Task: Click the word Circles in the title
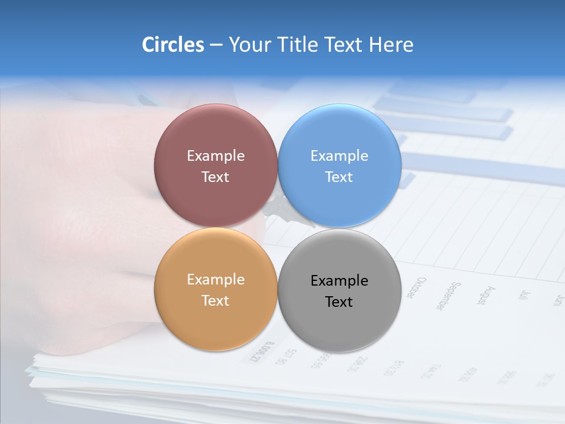click(x=172, y=45)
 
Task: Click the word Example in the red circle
click(x=215, y=156)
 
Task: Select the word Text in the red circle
click(x=215, y=177)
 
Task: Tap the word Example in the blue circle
click(x=339, y=156)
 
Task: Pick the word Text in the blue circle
click(x=339, y=177)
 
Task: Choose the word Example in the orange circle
click(x=215, y=280)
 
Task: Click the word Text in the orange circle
click(x=215, y=301)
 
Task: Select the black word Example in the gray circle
click(x=339, y=281)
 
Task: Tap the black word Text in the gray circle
click(x=339, y=302)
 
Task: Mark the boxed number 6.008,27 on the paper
click(x=262, y=352)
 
